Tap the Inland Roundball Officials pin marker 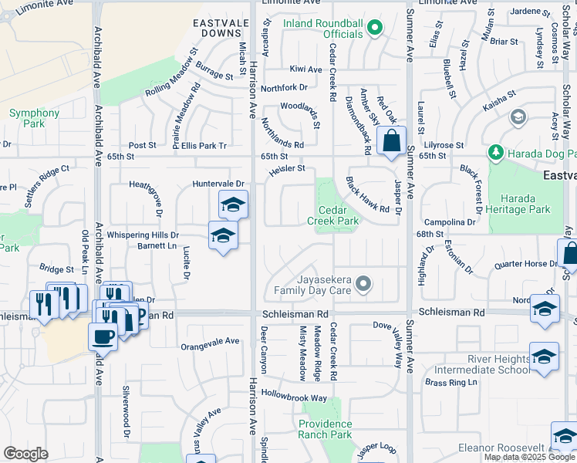tap(374, 29)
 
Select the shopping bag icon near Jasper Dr tap(392, 141)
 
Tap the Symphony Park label tap(34, 118)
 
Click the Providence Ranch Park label tap(326, 429)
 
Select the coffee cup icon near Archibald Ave tap(103, 336)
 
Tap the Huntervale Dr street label tap(218, 184)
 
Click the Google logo tap(26, 454)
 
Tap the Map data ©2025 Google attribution tap(528, 457)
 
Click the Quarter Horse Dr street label tap(525, 263)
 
